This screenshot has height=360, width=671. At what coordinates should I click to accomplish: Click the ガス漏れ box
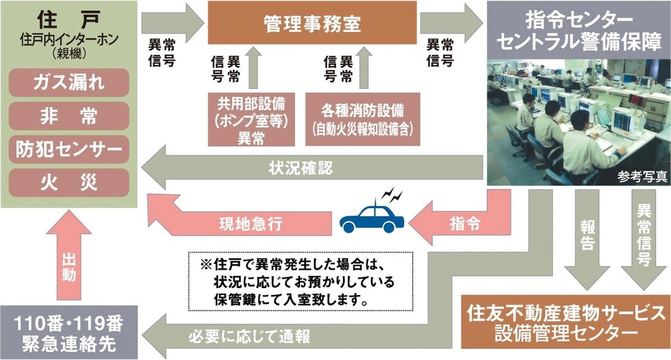pyautogui.click(x=70, y=84)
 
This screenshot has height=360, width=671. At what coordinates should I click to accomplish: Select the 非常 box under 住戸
pyautogui.click(x=70, y=116)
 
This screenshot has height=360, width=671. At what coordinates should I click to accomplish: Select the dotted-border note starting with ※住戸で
pyautogui.click(x=301, y=281)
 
